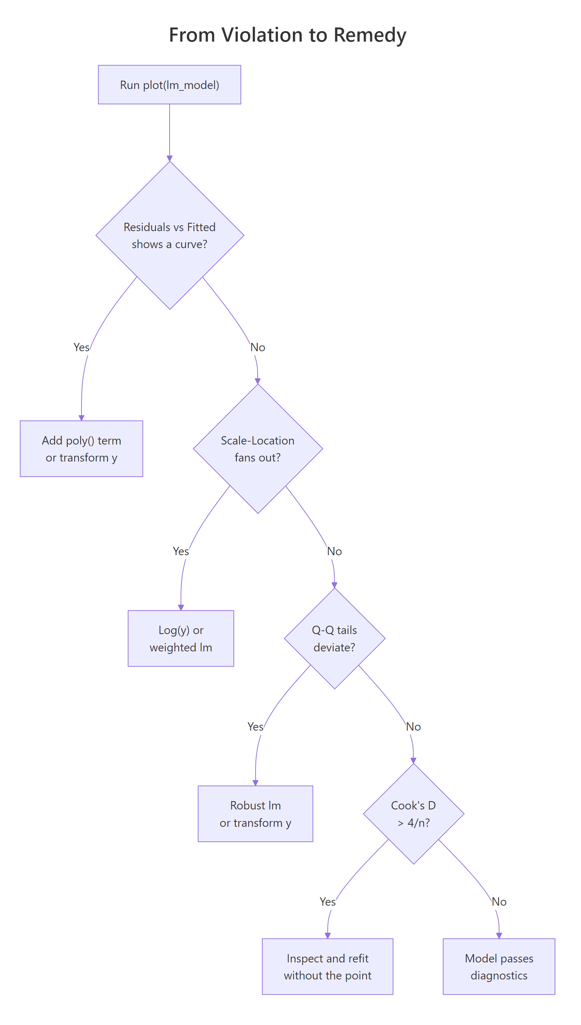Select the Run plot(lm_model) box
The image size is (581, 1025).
[169, 85]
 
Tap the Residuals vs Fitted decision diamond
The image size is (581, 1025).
[170, 235]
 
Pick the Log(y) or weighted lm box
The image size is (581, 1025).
[181, 638]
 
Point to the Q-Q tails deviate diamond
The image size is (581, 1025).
[334, 638]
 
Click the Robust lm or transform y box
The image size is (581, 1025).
[255, 814]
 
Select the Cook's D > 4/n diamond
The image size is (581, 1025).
[413, 814]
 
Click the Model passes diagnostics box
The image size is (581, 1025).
[499, 966]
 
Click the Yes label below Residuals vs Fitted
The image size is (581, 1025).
[81, 347]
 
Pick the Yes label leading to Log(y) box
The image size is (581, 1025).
[181, 551]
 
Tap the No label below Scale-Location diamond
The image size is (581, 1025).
[334, 551]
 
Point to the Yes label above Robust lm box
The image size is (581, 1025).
[255, 727]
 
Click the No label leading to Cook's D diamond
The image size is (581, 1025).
[413, 727]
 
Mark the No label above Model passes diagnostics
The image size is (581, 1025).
[499, 902]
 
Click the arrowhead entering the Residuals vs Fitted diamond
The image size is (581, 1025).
[170, 158]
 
